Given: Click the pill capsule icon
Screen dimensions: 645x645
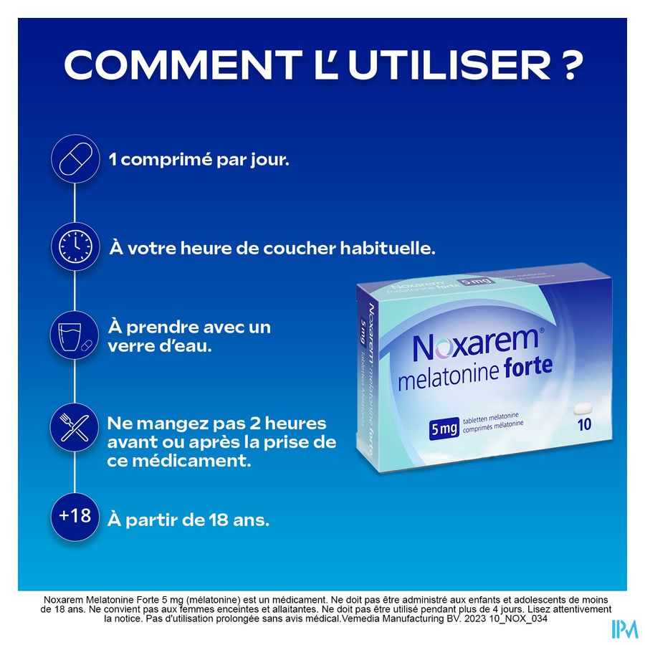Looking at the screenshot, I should pyautogui.click(x=75, y=159).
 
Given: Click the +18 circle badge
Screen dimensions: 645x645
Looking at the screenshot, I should pyautogui.click(x=75, y=515).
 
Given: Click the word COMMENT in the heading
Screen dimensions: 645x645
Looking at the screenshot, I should pyautogui.click(x=180, y=66).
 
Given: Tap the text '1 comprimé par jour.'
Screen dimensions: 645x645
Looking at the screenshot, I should pyautogui.click(x=199, y=159).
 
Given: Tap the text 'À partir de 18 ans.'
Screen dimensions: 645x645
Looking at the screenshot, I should pyautogui.click(x=188, y=520).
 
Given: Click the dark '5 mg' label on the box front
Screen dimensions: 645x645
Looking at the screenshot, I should pyautogui.click(x=444, y=429).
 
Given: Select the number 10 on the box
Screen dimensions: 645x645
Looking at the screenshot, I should pyautogui.click(x=584, y=424).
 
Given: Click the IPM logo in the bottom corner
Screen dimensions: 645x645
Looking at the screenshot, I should pyautogui.click(x=623, y=629).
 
